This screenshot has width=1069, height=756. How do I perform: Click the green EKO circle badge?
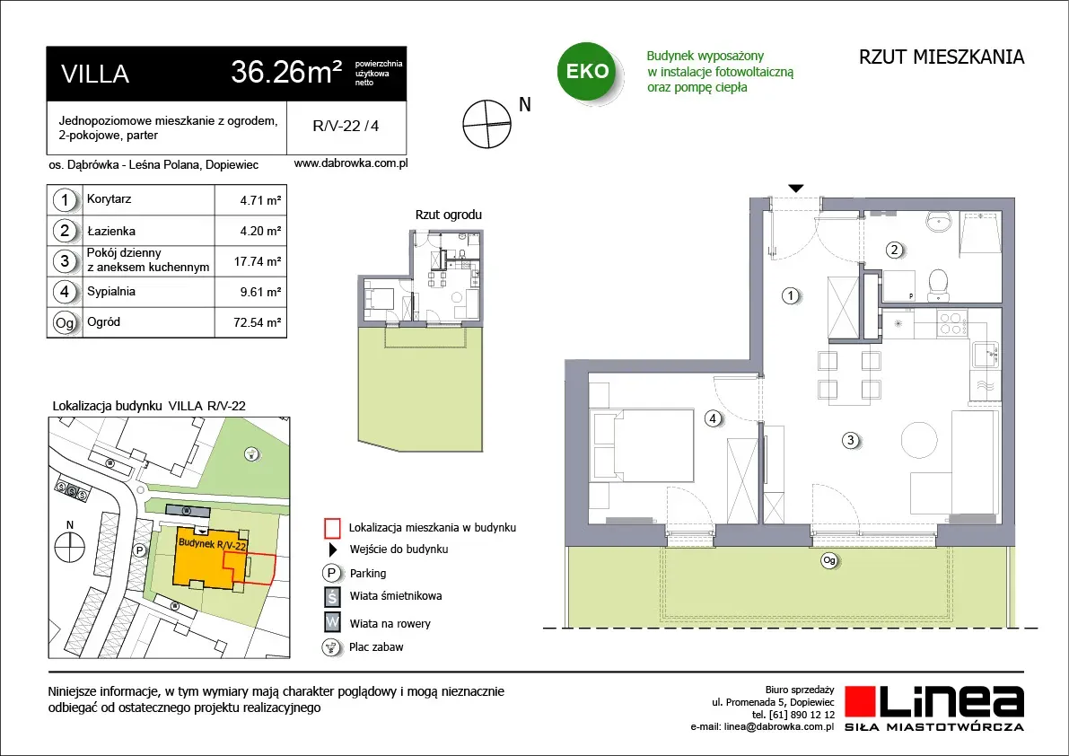[x=587, y=71]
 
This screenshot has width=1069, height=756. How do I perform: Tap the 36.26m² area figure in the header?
[x=286, y=72]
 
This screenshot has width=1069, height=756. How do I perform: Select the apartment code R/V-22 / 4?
[x=346, y=126]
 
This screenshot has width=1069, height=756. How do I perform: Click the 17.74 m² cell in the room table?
[x=258, y=262]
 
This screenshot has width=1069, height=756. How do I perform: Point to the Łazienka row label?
[x=111, y=231]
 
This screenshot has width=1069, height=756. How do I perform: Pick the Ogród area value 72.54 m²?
[x=257, y=322]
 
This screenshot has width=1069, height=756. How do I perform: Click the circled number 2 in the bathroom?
[x=895, y=251]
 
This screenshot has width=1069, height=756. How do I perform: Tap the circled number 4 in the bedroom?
[x=713, y=418]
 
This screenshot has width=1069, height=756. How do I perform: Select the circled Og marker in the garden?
[x=829, y=561]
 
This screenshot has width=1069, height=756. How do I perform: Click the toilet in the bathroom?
[x=939, y=285]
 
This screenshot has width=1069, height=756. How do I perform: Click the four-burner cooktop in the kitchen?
[x=951, y=323]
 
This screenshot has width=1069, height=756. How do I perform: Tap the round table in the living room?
[x=920, y=440]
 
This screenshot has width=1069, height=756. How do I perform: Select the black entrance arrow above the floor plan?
[x=795, y=189]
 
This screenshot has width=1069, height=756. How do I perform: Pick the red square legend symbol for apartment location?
[x=332, y=528]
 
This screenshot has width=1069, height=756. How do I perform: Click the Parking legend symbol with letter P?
[x=331, y=574]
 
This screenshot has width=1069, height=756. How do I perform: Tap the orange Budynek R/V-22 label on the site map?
[x=211, y=543]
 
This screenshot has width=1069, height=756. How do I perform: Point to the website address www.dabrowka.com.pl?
[x=350, y=163]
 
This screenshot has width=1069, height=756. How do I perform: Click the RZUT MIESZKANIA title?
[x=942, y=57]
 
